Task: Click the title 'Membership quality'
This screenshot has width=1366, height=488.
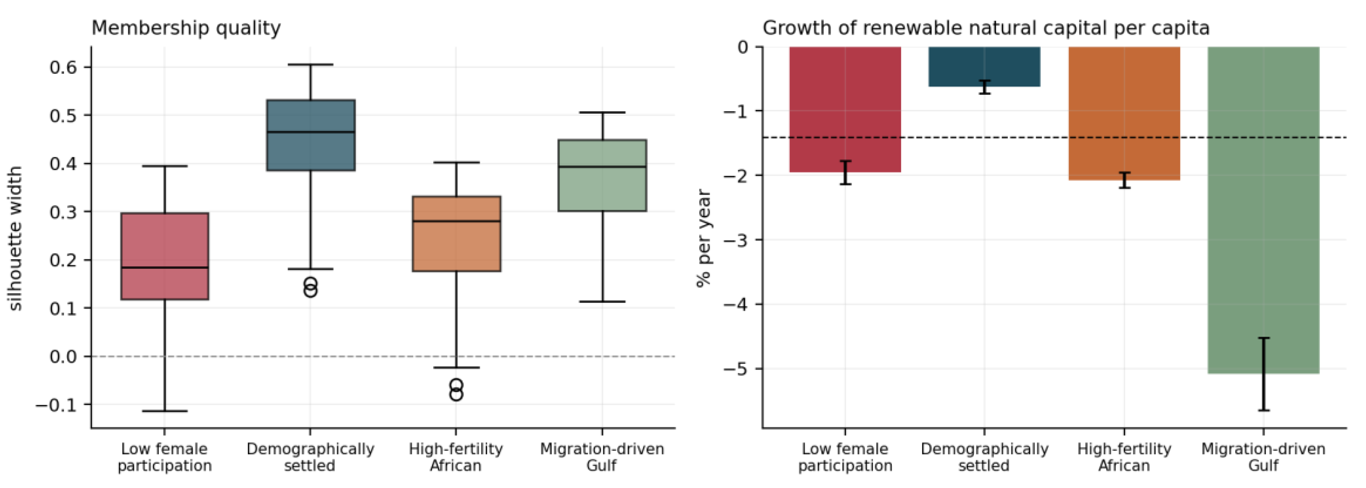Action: (x=186, y=28)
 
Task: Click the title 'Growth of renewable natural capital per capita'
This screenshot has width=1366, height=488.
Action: (x=986, y=28)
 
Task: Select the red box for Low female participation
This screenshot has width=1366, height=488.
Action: (x=165, y=256)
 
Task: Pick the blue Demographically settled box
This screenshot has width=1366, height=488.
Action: (x=311, y=135)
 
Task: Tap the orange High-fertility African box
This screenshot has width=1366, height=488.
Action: (x=457, y=234)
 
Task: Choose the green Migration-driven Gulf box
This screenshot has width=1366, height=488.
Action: (x=602, y=175)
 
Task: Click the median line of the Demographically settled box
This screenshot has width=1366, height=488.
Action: (x=311, y=132)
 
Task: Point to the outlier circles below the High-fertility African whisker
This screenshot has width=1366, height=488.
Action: (x=456, y=390)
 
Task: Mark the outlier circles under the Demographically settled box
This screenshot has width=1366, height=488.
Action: (x=311, y=287)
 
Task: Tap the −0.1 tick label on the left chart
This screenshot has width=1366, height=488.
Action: (x=56, y=405)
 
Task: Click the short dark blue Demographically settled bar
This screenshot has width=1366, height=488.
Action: (x=984, y=66)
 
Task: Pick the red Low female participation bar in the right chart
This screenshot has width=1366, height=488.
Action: (x=845, y=109)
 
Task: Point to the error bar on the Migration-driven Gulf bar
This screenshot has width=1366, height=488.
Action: (x=1264, y=374)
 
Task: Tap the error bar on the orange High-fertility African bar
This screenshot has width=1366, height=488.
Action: (x=1124, y=180)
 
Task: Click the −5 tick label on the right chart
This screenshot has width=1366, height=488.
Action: (x=735, y=369)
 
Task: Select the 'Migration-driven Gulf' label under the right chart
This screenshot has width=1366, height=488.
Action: (x=1264, y=457)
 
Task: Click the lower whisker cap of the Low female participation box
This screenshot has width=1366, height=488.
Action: (x=165, y=411)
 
